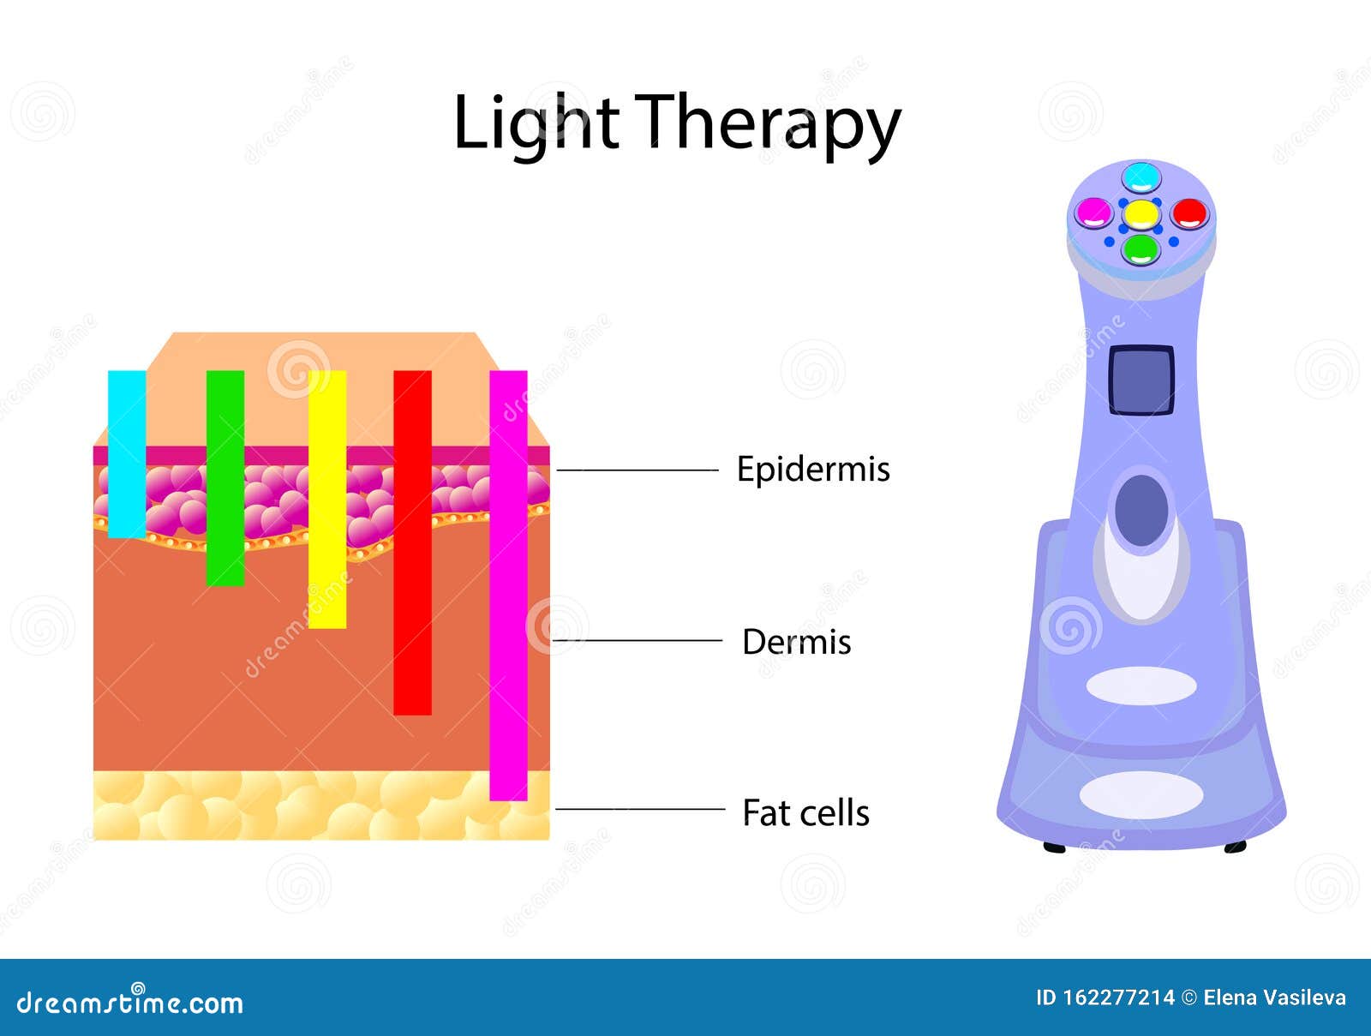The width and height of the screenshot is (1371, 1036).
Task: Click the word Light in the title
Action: point(536,123)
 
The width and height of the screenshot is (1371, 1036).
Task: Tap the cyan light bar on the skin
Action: point(127,454)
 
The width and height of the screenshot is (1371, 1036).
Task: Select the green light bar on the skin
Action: point(225,478)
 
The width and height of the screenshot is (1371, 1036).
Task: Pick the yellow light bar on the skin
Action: point(327,499)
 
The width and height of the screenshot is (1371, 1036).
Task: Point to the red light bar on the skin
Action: point(412,542)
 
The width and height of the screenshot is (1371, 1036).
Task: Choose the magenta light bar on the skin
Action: point(508,585)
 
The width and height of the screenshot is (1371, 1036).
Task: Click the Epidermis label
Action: point(813,470)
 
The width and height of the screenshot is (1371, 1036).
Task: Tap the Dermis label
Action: point(796,642)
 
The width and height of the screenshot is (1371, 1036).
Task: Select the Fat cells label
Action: point(805,813)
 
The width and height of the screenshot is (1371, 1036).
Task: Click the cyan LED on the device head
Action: point(1141,177)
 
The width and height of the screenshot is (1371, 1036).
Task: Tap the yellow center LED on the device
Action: point(1141,213)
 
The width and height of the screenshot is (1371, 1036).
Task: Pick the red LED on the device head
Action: point(1188,213)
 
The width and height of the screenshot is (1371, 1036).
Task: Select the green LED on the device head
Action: point(1141,249)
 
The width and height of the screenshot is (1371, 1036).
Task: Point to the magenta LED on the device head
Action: point(1093,212)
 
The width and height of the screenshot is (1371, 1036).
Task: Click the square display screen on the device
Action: point(1141,380)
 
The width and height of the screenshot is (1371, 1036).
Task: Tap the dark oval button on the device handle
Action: point(1141,510)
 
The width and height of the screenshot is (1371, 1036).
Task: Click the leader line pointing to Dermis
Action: point(638,640)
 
